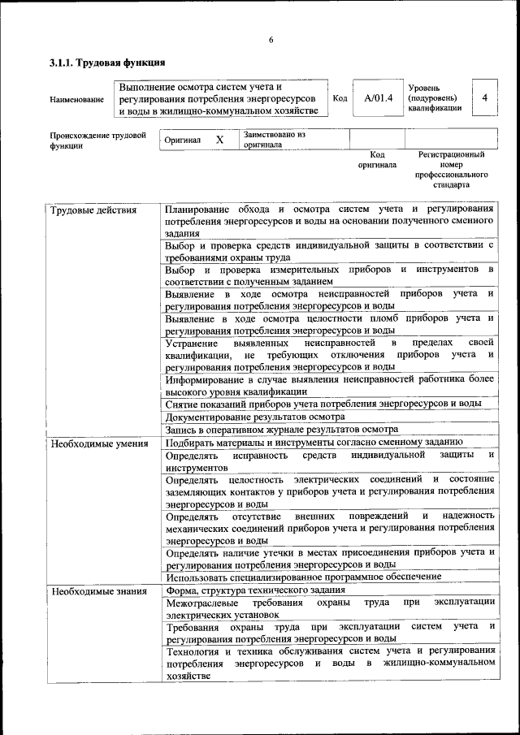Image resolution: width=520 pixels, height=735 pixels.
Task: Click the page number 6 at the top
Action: click(271, 41)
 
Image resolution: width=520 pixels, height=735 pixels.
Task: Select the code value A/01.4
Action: click(378, 98)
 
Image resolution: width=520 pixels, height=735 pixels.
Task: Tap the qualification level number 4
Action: click(485, 98)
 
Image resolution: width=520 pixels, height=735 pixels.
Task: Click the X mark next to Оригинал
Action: click(219, 140)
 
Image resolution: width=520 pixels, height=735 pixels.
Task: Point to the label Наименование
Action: click(76, 99)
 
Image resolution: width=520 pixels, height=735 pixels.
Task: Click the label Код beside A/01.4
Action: click(341, 98)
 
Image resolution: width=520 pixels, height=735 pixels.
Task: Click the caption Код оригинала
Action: click(377, 159)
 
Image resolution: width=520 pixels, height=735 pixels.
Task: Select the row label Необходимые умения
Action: click(99, 443)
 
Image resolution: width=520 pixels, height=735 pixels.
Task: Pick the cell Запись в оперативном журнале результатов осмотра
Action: click(281, 430)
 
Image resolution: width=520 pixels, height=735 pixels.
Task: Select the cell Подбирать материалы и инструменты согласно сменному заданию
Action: click(314, 443)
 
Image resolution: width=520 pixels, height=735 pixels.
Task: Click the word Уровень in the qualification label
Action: click(425, 87)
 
